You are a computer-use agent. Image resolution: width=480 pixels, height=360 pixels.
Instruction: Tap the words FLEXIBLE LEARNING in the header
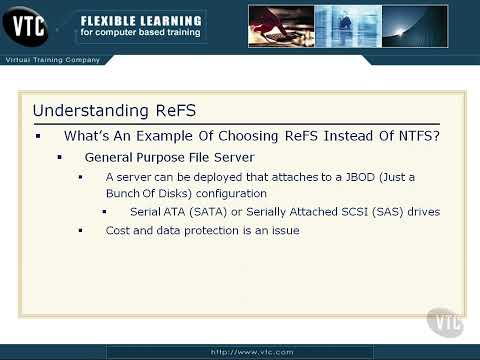tap(140, 20)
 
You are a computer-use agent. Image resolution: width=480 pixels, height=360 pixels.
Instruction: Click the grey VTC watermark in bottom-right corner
tap(445, 321)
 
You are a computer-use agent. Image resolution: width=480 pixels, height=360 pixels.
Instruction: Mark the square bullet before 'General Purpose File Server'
tap(60, 158)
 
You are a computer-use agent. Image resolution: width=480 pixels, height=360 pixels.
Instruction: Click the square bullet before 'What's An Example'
tap(38, 135)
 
